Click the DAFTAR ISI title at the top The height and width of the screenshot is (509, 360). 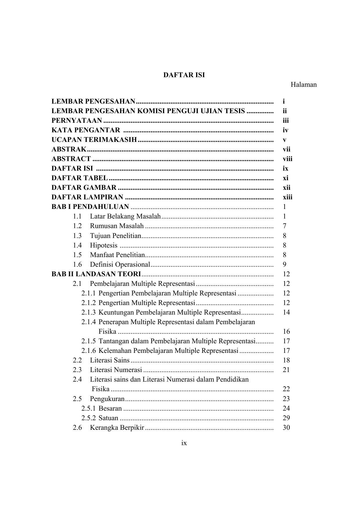coord(184,75)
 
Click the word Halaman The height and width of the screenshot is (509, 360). coord(303,85)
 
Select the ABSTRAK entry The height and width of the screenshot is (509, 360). coord(69,149)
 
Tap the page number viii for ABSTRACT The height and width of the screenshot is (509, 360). coord(287,159)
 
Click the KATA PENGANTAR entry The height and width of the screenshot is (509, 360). coord(86,130)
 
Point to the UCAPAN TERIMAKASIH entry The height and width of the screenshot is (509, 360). coord(94,140)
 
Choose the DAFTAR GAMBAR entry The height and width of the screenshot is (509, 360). coord(84,188)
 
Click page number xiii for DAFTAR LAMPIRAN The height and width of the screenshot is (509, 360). coord(287,197)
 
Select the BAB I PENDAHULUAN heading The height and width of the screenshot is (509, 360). coord(90,207)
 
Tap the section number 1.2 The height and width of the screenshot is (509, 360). coord(77,226)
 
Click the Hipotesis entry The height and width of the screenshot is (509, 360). coord(104,246)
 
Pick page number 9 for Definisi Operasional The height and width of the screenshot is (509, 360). coord(284,265)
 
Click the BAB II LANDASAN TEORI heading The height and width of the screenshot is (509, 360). coord(96,274)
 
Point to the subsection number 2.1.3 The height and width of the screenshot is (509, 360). coord(88,313)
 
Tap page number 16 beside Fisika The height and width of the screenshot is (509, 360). coord(286,332)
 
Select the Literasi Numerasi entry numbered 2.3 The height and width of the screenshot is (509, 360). coord(116,370)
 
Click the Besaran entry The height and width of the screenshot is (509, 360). coord(110,409)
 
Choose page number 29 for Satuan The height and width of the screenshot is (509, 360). coord(286,418)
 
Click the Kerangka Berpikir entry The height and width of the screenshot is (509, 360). coord(117,428)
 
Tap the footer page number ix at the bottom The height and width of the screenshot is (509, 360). coord(184,443)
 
